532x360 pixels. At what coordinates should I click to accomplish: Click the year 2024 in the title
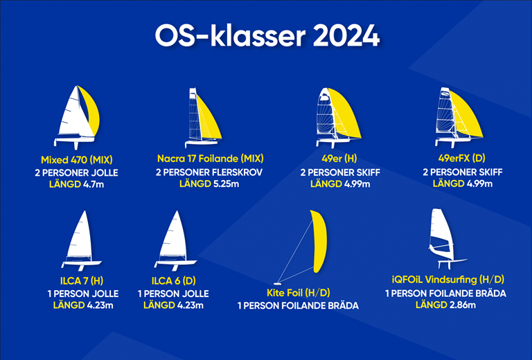pos(346,35)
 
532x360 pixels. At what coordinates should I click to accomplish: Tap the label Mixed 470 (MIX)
pos(77,160)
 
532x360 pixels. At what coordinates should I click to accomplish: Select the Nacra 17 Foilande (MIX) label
pos(211,159)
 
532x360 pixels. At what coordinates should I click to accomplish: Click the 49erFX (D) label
pos(462,158)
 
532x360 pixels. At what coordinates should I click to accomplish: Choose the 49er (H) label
pos(339,159)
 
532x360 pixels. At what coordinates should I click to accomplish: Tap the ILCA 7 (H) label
pos(82,280)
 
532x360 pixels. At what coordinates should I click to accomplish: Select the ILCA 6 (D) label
pos(174,280)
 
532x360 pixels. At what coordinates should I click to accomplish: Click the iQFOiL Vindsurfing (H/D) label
pos(448,279)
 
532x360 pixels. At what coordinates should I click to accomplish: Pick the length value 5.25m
pos(226,183)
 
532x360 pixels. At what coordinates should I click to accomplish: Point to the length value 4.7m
pos(94,184)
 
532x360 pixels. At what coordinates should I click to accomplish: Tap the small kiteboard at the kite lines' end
pos(277,283)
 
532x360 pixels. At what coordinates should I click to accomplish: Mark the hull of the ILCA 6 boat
pos(176,262)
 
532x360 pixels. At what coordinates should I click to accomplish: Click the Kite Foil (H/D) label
pos(299,293)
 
